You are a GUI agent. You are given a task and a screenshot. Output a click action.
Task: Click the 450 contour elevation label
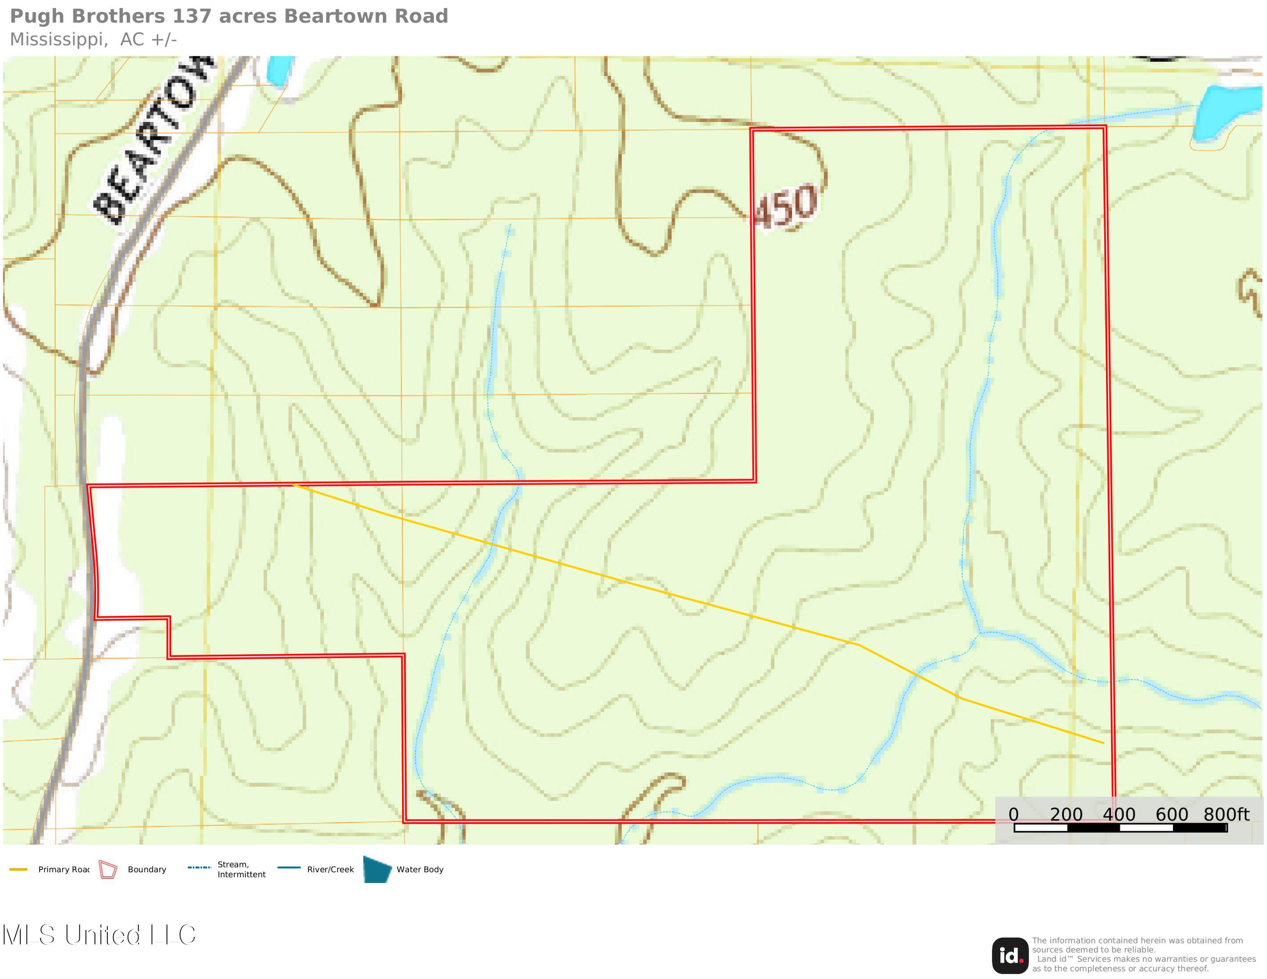(786, 207)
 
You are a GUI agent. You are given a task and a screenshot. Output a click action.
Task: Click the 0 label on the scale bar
(1014, 814)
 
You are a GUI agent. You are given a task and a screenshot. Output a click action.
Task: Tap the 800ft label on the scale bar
(1226, 814)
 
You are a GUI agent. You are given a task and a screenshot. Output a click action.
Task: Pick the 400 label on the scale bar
(1119, 814)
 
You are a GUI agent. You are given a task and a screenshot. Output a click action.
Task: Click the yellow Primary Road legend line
(19, 869)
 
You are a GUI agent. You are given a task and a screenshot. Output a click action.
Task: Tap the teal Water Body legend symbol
(377, 869)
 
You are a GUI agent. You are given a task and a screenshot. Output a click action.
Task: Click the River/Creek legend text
(330, 869)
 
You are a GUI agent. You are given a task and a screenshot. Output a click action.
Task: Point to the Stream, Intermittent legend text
(241, 869)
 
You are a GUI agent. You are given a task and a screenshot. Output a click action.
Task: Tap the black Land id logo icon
(1010, 956)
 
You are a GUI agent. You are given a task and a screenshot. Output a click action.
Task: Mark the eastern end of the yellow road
(1103, 743)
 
